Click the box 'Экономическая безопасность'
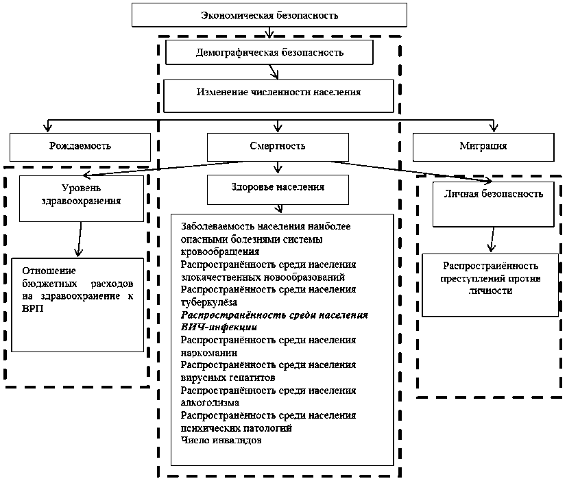(x=269, y=14)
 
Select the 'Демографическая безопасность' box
(x=269, y=52)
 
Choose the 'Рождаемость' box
(x=80, y=146)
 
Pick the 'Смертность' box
(x=278, y=146)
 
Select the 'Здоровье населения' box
(x=278, y=187)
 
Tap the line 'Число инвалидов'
(x=220, y=440)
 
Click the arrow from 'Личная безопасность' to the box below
(x=490, y=240)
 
